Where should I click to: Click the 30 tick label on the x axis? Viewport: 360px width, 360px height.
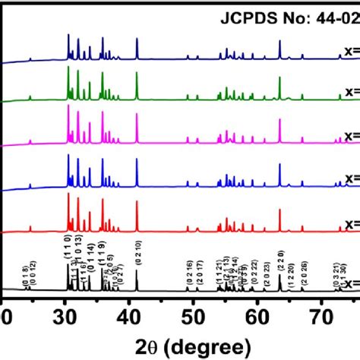66,311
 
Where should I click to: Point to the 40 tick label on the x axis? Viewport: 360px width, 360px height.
130,311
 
